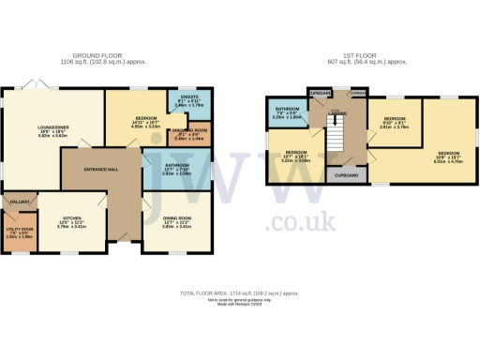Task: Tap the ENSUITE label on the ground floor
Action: pyautogui.click(x=188, y=102)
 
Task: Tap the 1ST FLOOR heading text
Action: pyautogui.click(x=358, y=56)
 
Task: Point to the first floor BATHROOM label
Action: pyautogui.click(x=286, y=112)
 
